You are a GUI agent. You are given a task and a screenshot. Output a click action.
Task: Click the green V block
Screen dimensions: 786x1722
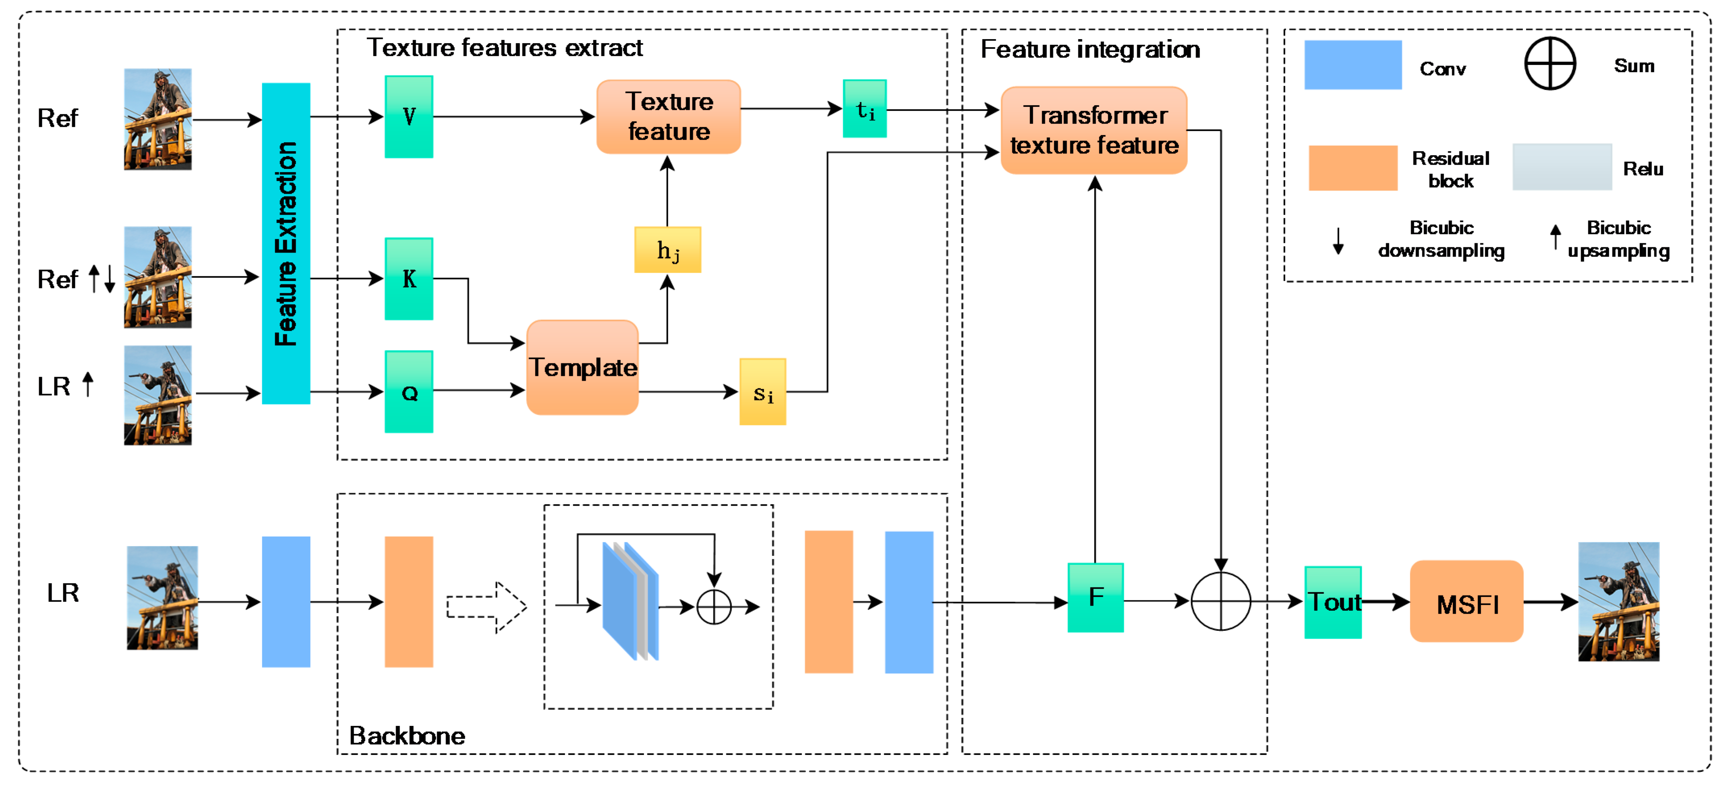point(408,117)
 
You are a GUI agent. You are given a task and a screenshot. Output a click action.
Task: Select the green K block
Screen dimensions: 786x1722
point(408,279)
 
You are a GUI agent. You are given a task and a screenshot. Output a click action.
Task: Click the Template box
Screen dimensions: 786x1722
point(582,367)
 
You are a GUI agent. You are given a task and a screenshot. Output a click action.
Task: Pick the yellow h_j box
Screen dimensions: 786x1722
point(667,250)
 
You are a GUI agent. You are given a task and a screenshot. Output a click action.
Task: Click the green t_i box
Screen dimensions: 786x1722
point(864,109)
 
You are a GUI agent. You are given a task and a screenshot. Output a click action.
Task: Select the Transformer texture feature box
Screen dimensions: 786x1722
point(1094,131)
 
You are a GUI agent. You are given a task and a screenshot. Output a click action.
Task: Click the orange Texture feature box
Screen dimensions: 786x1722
point(669,117)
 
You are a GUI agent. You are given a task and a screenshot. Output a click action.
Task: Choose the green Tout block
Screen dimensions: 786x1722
point(1332,602)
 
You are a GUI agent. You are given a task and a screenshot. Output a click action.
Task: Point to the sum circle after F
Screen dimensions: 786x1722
point(1221,601)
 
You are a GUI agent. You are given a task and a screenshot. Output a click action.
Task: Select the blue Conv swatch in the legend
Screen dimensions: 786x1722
point(1352,65)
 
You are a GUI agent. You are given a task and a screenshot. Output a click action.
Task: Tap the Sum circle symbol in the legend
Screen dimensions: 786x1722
point(1550,64)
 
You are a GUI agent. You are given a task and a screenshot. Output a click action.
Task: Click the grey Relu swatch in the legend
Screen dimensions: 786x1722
point(1562,167)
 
